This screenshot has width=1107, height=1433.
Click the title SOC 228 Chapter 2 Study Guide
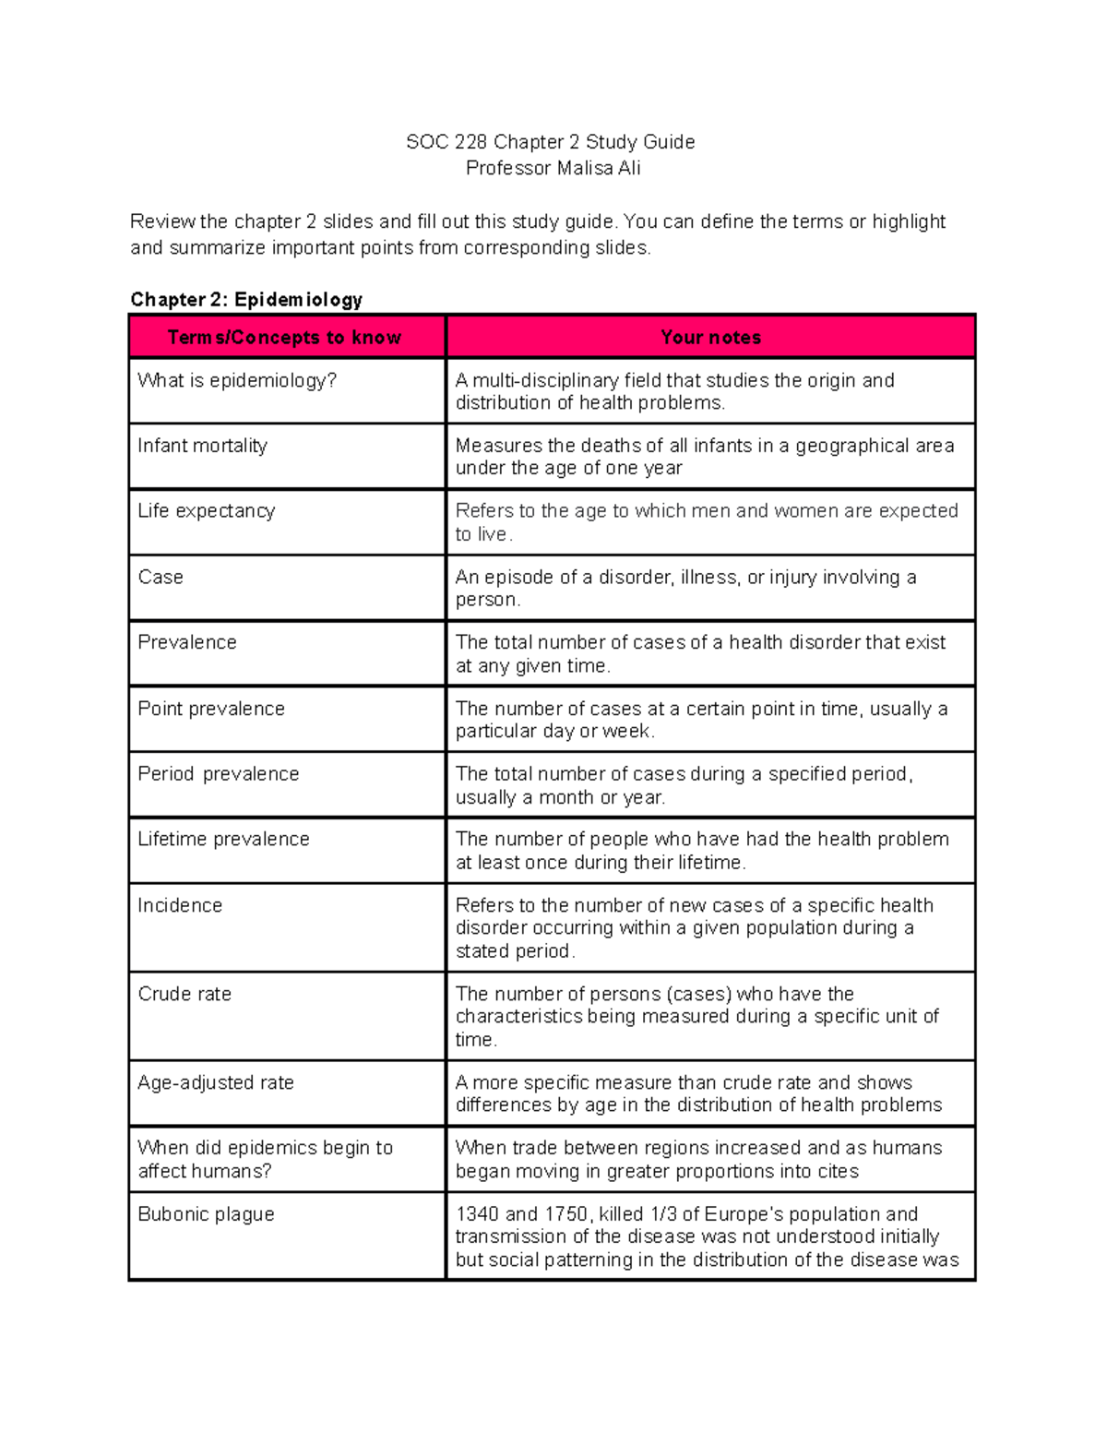(551, 142)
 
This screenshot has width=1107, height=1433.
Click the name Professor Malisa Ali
(553, 168)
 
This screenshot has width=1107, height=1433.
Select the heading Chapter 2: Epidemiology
(246, 299)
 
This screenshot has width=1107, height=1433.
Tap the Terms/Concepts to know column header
(284, 337)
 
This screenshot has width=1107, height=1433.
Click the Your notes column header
(710, 337)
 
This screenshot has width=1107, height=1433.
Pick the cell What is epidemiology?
(237, 380)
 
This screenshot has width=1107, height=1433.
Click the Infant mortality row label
(202, 446)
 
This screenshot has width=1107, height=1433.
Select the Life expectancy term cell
(206, 511)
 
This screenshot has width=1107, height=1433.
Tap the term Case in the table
(161, 577)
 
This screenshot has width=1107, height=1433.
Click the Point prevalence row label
(211, 709)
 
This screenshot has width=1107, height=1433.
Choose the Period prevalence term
(219, 773)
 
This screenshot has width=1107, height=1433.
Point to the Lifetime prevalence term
(223, 839)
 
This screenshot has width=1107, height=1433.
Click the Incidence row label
(180, 905)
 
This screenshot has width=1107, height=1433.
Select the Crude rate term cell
(184, 994)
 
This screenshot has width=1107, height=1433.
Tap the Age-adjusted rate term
(216, 1082)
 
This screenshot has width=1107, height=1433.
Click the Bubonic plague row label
(206, 1214)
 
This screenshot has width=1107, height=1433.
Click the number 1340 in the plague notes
(477, 1214)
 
